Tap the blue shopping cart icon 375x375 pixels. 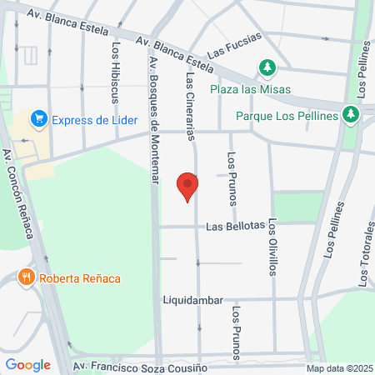(38, 119)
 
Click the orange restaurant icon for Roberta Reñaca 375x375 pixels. (27, 277)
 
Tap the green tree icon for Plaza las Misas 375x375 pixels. (267, 67)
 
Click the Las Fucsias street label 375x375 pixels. (234, 43)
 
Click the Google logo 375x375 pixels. (27, 364)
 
